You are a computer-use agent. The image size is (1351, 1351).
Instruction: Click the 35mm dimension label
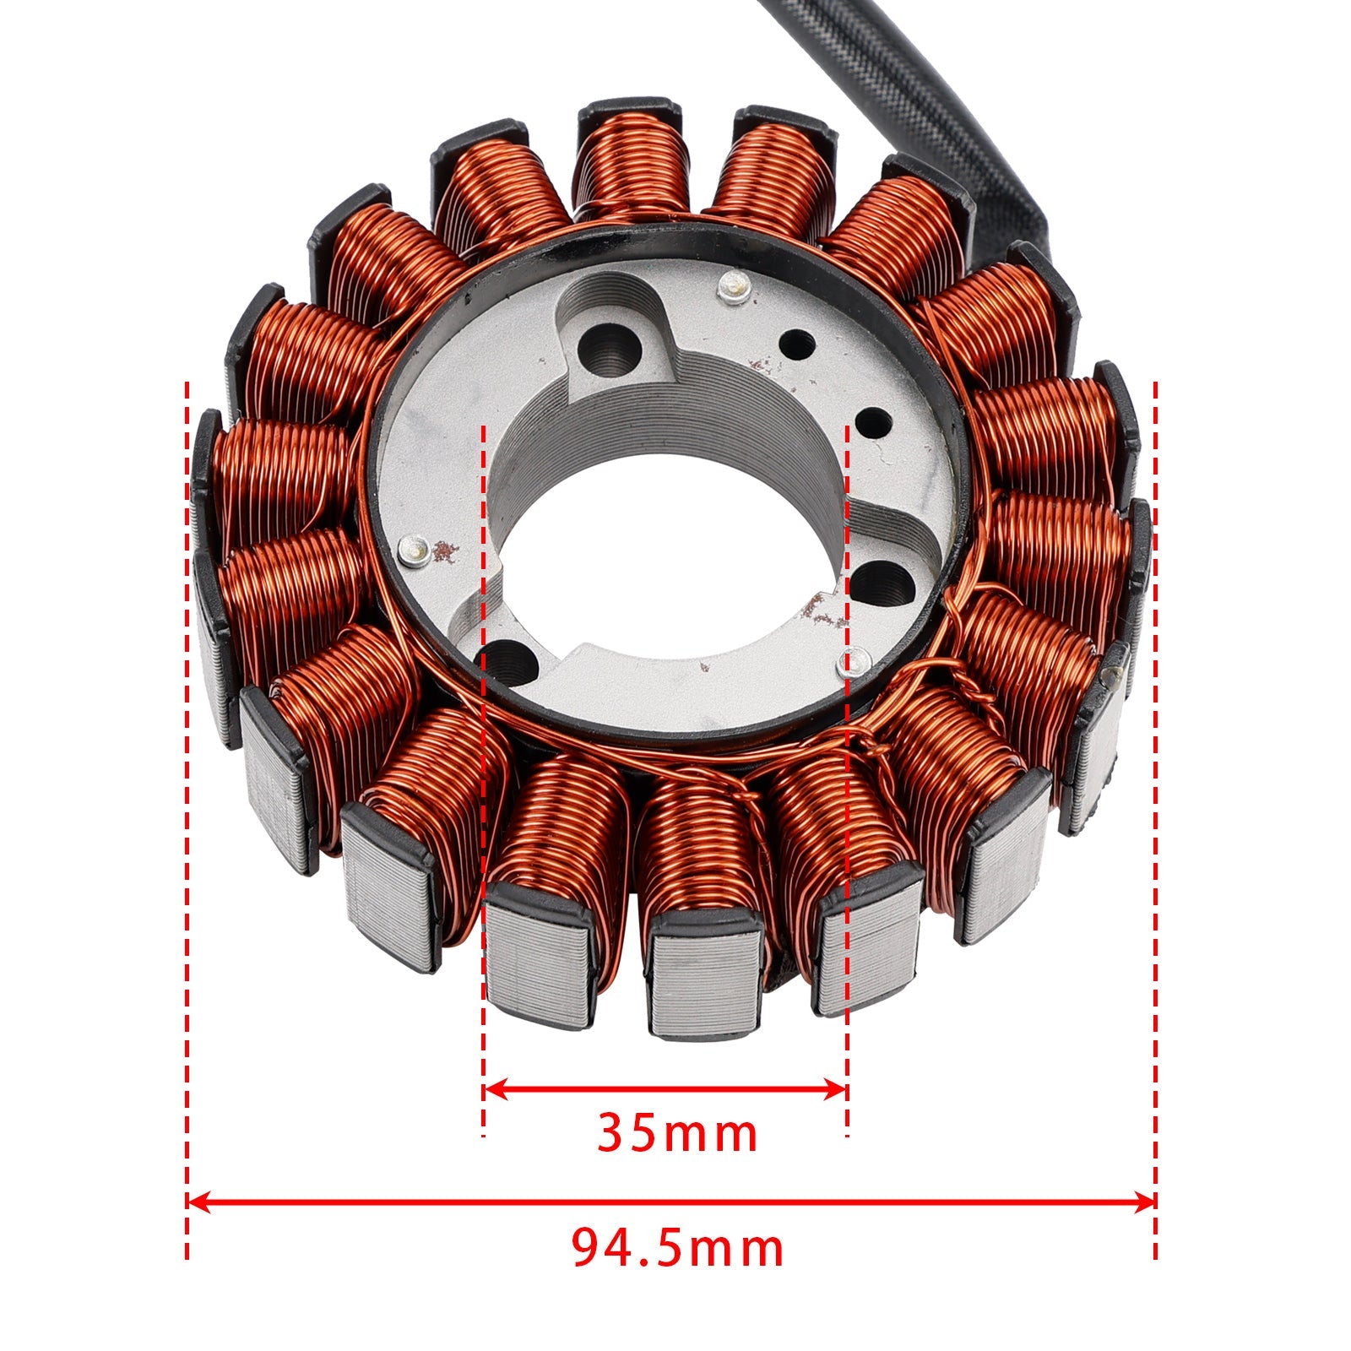677,1133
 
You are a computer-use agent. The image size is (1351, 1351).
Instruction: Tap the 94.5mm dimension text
677,1249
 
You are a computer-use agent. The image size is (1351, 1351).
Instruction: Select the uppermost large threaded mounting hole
612,346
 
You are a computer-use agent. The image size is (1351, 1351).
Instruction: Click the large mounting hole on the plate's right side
882,583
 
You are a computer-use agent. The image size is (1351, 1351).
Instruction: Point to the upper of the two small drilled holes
798,344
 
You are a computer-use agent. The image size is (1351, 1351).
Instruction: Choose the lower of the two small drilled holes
874,420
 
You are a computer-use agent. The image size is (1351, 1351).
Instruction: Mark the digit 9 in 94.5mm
589,1250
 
